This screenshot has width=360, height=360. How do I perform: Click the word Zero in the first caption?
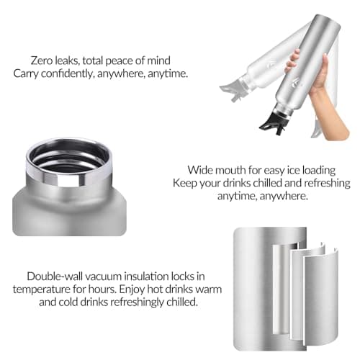click(42, 60)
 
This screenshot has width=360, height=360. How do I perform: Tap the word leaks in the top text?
click(68, 60)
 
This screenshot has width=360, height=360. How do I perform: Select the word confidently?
click(68, 73)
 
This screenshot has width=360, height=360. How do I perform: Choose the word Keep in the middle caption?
click(184, 183)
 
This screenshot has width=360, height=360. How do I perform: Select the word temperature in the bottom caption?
click(41, 289)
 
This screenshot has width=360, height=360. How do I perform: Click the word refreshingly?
click(137, 302)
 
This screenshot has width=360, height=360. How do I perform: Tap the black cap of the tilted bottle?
click(274, 122)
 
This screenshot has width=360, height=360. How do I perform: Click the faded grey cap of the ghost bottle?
click(232, 92)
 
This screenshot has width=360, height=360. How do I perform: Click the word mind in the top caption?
click(158, 60)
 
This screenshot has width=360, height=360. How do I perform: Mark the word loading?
click(319, 171)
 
